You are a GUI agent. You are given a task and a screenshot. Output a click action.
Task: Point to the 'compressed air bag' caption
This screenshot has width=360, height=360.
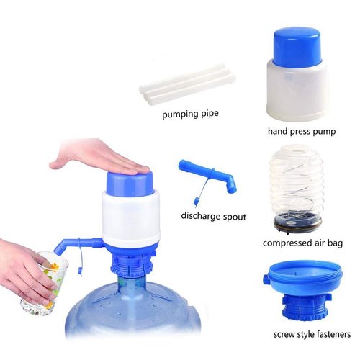pos(302,243)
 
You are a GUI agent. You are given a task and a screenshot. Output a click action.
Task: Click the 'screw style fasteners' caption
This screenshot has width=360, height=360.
pos(312,334)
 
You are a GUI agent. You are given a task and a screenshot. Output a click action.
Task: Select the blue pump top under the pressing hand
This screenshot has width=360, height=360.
pos(129,181)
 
